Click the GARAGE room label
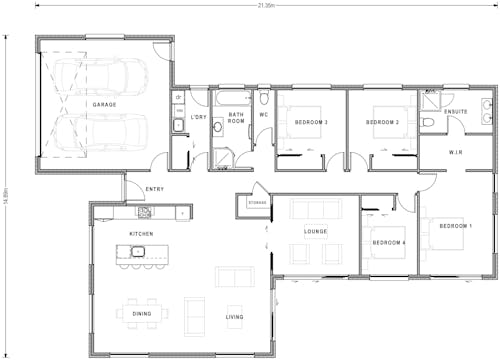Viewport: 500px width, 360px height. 105,105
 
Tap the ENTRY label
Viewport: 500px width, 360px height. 155,189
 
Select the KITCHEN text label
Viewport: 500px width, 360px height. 141,234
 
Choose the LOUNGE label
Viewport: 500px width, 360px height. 316,232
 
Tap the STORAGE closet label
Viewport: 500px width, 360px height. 258,205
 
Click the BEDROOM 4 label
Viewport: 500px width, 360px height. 388,243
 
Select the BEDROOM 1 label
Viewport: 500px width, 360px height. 456,226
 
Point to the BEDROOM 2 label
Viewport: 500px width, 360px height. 383,122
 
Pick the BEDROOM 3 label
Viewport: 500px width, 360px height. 311,122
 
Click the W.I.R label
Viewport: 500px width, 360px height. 455,153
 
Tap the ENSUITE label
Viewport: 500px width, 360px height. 455,112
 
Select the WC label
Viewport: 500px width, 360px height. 264,115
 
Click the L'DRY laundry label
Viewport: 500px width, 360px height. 199,118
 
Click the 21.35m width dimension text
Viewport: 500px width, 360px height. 265,5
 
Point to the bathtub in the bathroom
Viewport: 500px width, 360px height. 236,99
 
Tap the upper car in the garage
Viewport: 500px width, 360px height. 100,75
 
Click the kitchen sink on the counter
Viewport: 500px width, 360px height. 144,212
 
